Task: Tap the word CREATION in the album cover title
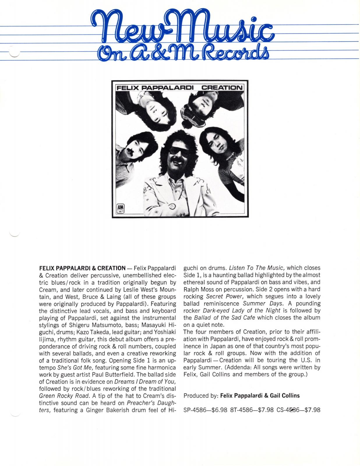pyautogui.click(x=222, y=87)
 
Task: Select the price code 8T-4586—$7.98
pyautogui.click(x=252, y=410)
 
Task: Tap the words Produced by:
pyautogui.click(x=201, y=396)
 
